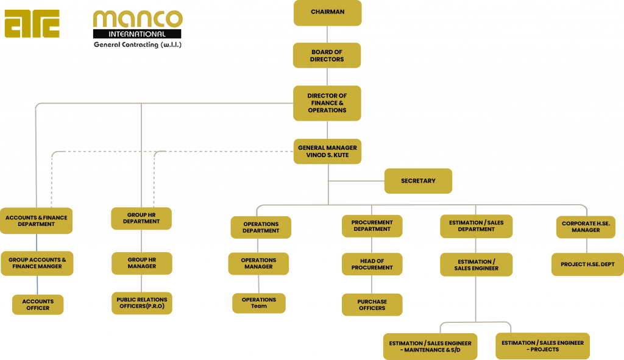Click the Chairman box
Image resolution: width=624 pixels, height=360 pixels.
(x=327, y=12)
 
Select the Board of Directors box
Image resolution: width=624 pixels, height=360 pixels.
(x=327, y=55)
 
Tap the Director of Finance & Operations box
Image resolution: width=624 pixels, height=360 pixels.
(x=327, y=103)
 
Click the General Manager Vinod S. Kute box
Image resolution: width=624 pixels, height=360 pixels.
(x=327, y=151)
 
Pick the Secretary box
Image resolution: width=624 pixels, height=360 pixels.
(x=418, y=181)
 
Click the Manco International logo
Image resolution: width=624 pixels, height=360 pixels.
(x=137, y=29)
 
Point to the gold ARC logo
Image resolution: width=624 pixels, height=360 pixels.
(x=32, y=24)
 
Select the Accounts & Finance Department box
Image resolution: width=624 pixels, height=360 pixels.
(x=37, y=221)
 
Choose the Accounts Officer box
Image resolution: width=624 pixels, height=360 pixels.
(x=38, y=305)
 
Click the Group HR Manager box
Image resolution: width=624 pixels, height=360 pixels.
(x=142, y=263)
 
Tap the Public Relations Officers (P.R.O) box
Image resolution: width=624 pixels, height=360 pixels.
(x=142, y=303)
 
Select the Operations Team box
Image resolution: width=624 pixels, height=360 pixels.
(x=259, y=303)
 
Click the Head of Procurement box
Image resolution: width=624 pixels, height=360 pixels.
(x=372, y=264)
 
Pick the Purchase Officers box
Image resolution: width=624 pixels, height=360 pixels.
(x=372, y=305)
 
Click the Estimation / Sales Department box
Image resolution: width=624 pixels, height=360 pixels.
(x=477, y=226)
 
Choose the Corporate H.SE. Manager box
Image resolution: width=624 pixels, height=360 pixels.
(x=586, y=227)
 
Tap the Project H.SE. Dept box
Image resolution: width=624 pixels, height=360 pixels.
(x=587, y=264)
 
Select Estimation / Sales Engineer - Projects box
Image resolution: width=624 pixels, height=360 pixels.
(x=542, y=346)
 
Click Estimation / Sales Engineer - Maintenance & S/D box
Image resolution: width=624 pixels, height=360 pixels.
(x=430, y=347)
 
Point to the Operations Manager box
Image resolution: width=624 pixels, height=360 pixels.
(x=259, y=263)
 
